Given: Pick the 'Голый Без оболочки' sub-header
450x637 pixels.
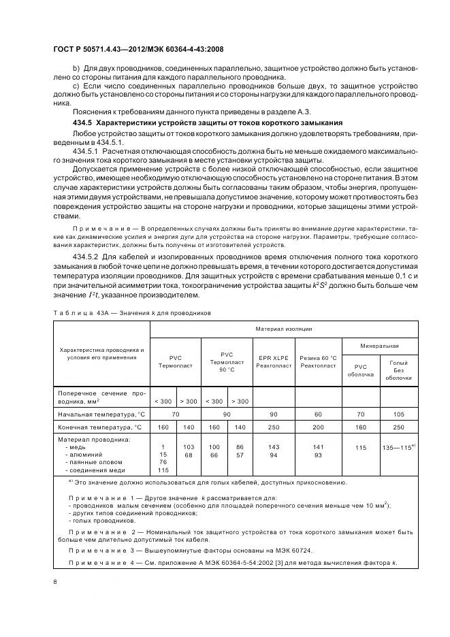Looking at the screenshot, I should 398,370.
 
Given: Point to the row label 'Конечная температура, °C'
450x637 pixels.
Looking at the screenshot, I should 101,427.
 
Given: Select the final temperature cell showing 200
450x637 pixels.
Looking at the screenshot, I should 318,427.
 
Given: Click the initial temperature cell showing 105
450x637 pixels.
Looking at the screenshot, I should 398,414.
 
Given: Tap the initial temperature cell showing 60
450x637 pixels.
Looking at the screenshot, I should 318,414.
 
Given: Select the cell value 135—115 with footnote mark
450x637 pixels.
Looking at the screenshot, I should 398,447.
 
